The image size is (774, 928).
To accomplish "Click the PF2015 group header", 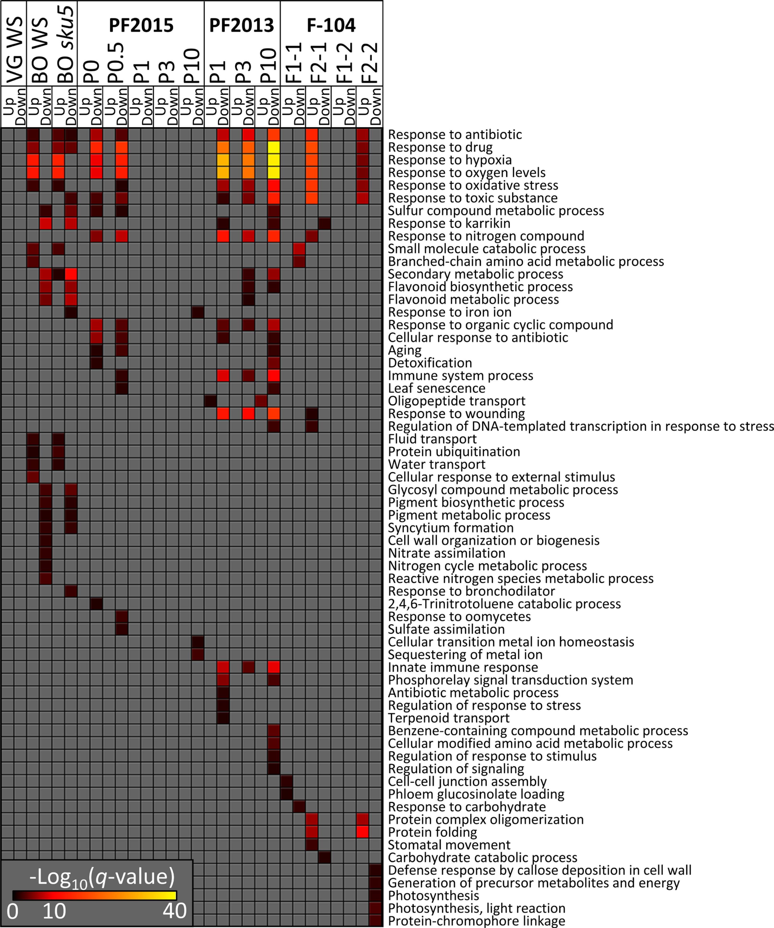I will tap(141, 25).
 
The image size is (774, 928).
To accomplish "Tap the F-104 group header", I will tap(331, 25).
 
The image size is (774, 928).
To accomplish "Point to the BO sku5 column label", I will tap(65, 44).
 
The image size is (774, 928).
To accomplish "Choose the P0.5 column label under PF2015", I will tap(116, 63).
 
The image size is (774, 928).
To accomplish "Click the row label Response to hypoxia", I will tap(450, 160).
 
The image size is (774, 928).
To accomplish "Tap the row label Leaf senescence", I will tap(437, 388).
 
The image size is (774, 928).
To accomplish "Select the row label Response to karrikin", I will tap(449, 223).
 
